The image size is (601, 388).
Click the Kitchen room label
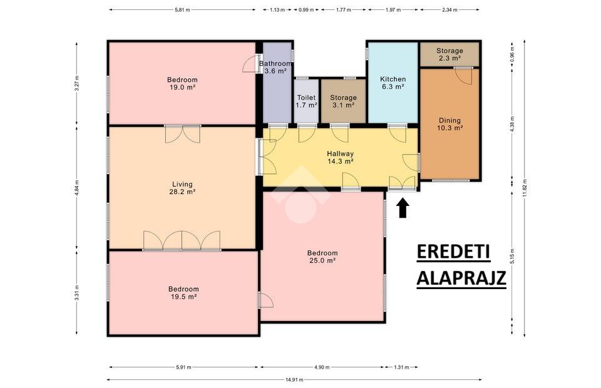click(x=393, y=79)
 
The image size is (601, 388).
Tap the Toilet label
click(x=306, y=98)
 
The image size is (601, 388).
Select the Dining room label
click(x=449, y=120)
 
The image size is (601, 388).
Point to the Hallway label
click(x=341, y=153)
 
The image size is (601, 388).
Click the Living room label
click(x=182, y=184)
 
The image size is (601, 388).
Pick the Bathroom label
click(x=275, y=64)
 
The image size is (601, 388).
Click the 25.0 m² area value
click(x=322, y=260)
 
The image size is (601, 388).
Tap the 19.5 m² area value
click(x=183, y=297)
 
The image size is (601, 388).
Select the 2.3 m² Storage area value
click(x=449, y=58)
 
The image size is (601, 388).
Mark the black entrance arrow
click(x=403, y=208)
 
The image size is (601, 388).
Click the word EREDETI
click(x=453, y=252)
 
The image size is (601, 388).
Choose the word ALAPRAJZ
click(x=461, y=278)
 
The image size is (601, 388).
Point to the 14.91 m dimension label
click(x=294, y=380)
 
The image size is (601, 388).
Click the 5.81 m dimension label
click(x=182, y=10)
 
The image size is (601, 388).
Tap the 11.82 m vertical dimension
click(x=525, y=188)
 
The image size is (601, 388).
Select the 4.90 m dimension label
click(x=322, y=367)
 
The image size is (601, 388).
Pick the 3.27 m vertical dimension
click(x=76, y=84)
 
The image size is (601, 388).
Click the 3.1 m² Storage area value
click(x=343, y=105)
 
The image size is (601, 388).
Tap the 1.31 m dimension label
click(x=401, y=367)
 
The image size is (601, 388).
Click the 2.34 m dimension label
click(x=449, y=10)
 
